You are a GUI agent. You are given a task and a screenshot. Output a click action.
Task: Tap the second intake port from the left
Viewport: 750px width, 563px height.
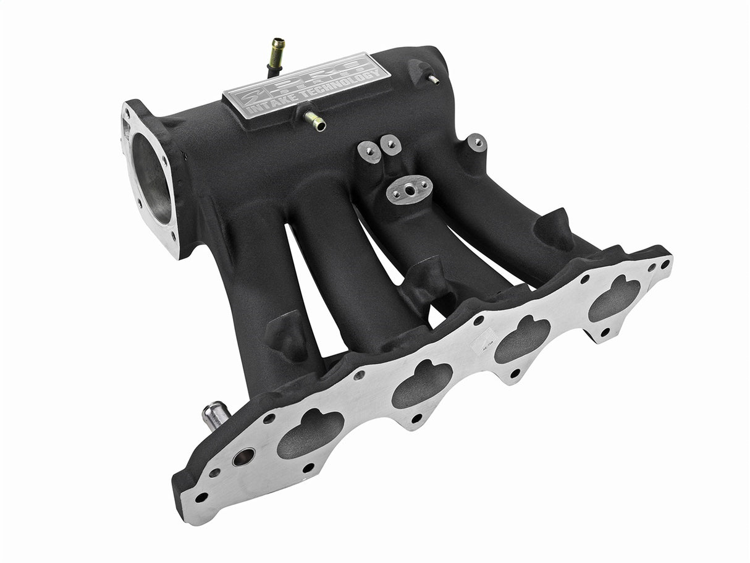422,386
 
